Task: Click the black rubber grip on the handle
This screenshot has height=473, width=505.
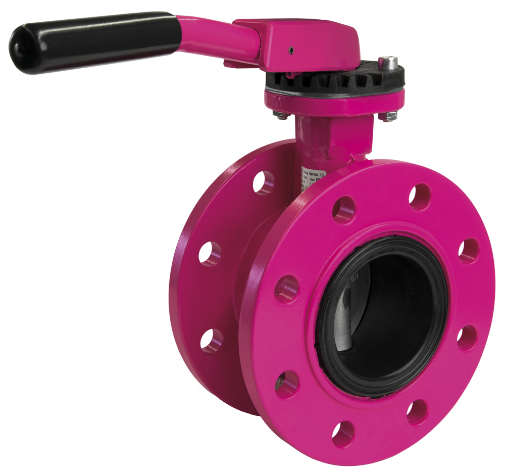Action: (96, 42)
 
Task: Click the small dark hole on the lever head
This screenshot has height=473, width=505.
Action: (292, 50)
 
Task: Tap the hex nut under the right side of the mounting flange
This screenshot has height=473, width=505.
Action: (388, 116)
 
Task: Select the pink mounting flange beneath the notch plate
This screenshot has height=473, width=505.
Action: (333, 104)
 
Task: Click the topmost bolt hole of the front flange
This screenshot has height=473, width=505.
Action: (419, 196)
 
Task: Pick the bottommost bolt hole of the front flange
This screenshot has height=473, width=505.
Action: (343, 434)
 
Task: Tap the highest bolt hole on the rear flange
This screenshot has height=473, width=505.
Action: (263, 182)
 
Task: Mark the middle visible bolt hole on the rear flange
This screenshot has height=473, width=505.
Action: (209, 253)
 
